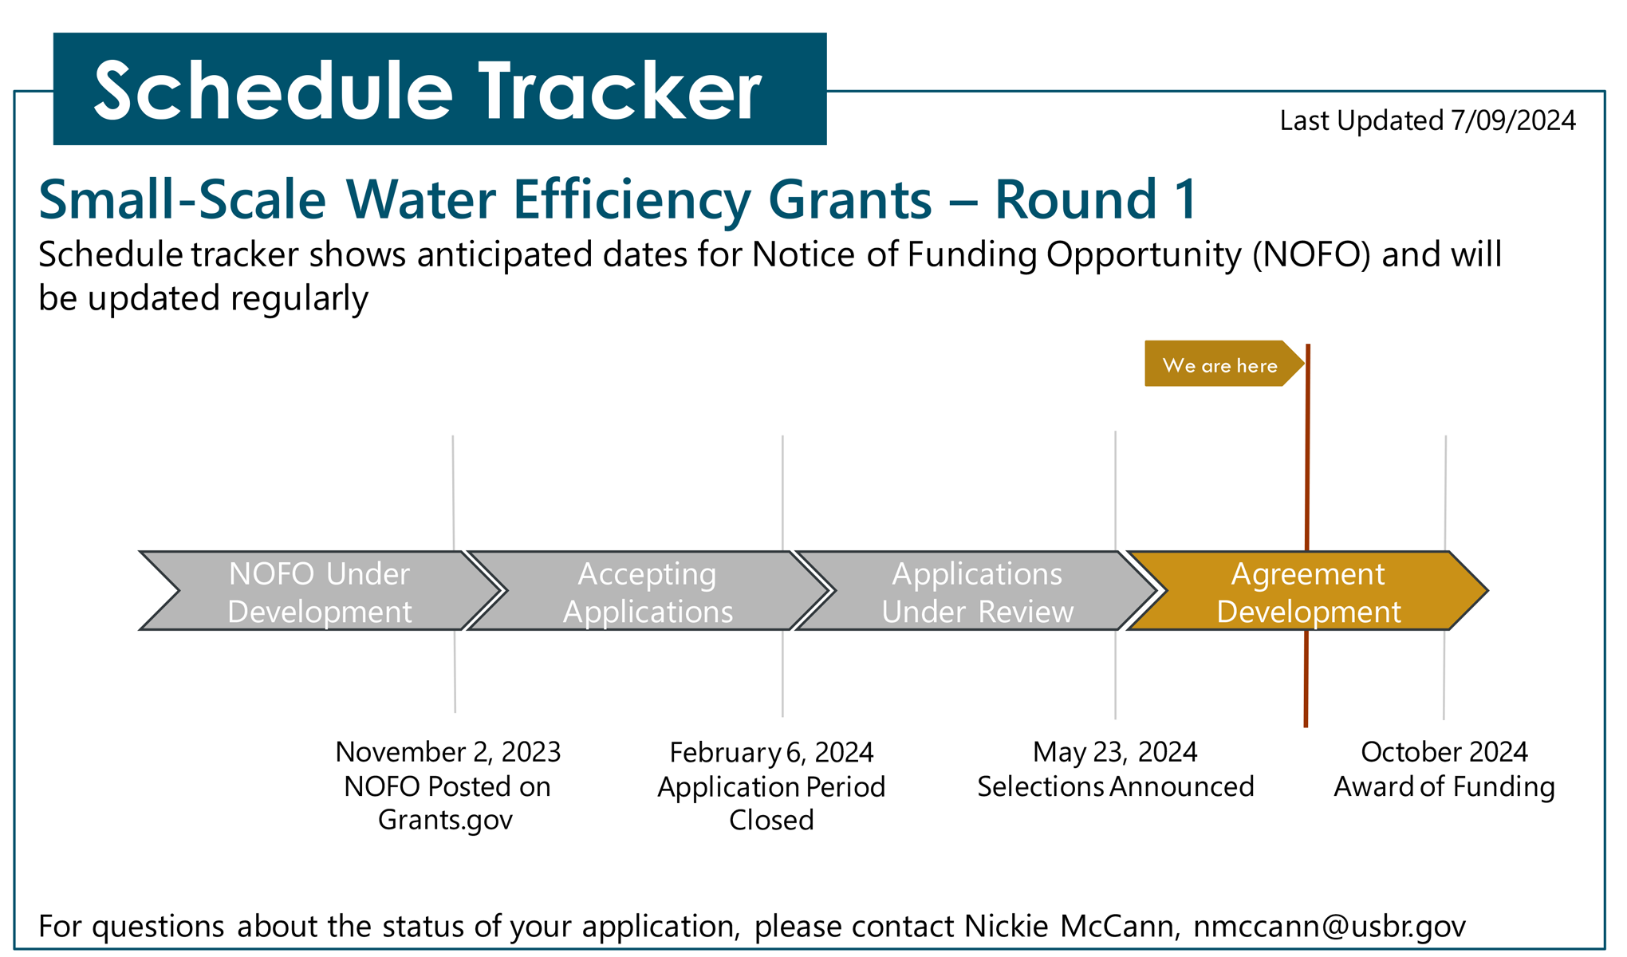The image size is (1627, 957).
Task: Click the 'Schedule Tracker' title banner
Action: (439, 89)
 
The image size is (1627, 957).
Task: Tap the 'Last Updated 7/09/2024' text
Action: (1428, 120)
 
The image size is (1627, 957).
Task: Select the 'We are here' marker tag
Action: (1224, 364)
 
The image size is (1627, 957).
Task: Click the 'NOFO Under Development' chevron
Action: (320, 591)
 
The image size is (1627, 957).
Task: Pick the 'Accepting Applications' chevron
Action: (648, 591)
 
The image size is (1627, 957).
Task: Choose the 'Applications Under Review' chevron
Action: (977, 591)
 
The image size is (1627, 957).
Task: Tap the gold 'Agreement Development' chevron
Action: (1308, 591)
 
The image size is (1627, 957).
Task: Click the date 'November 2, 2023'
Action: (447, 752)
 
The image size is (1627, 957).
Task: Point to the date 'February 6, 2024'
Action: (771, 752)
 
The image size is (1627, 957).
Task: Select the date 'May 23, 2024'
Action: (1115, 752)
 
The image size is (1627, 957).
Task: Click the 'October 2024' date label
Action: (1444, 752)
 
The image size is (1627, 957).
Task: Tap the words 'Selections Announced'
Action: (1116, 786)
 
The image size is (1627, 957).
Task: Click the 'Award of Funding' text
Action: (1444, 786)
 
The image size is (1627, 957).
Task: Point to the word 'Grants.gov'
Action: (445, 821)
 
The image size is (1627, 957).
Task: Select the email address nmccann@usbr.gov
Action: (1330, 927)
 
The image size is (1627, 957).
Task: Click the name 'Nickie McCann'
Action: (1069, 926)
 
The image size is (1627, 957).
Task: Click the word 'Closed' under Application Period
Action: (771, 820)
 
